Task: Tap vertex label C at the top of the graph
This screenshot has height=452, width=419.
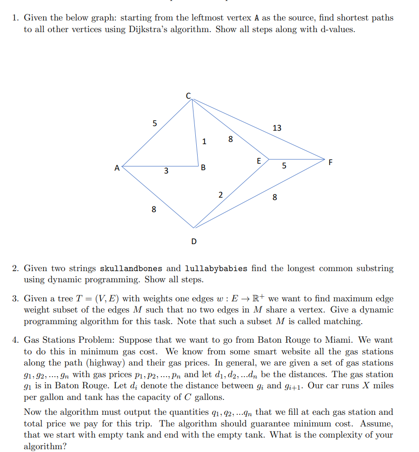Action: [x=188, y=95]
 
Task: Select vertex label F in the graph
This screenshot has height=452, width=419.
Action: [x=331, y=162]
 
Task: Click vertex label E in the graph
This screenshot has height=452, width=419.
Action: [x=259, y=160]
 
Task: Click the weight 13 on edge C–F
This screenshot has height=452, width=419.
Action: [x=277, y=128]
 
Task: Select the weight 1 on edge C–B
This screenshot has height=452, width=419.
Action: [x=204, y=142]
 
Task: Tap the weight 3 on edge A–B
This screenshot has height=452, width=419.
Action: [x=166, y=171]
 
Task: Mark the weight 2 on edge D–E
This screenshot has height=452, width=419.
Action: [x=220, y=195]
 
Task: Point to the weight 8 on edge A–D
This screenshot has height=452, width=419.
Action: [x=153, y=210]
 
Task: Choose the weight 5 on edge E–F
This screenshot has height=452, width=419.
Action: [x=284, y=166]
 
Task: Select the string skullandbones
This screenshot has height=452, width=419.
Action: [x=131, y=268]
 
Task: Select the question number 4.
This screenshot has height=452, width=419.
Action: [x=15, y=340]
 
